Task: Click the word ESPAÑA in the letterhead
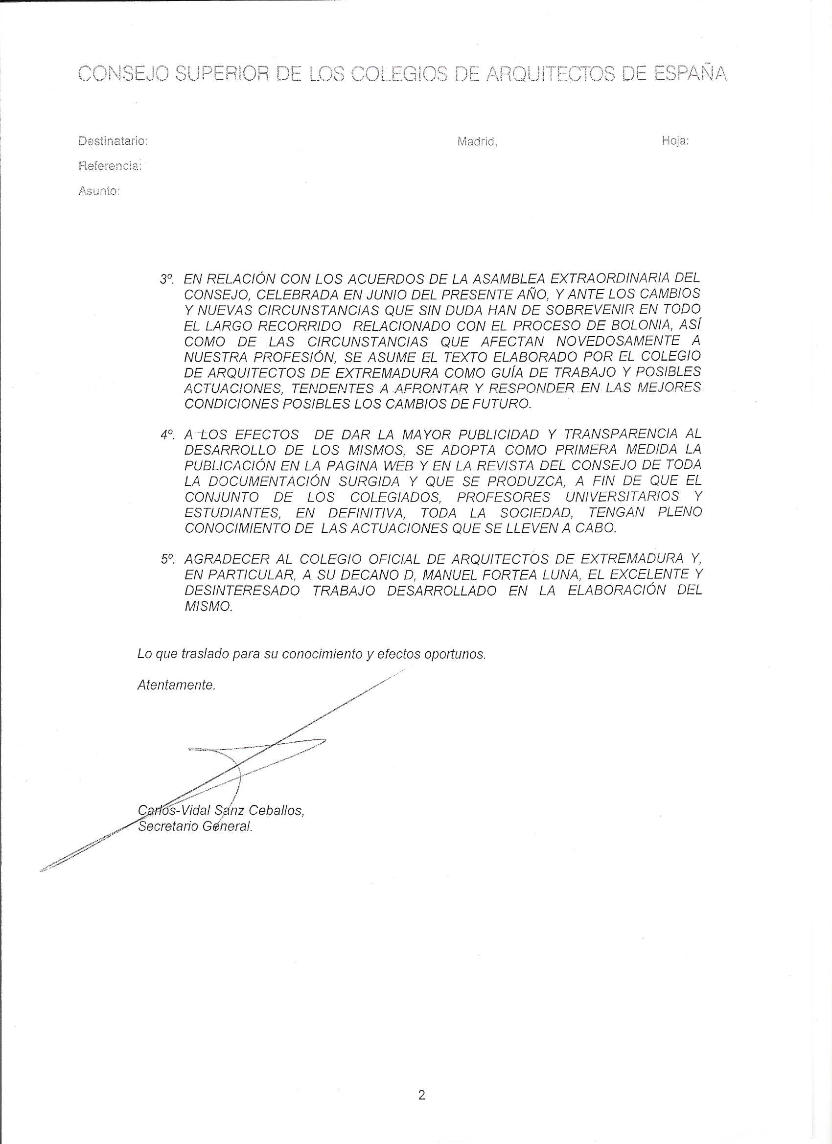691,74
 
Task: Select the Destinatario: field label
113,141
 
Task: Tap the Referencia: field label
110,166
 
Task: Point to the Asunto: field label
99,191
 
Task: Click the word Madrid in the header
476,142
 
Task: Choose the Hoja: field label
675,141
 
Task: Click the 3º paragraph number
167,279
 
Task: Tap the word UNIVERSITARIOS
622,497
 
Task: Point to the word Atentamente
177,686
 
